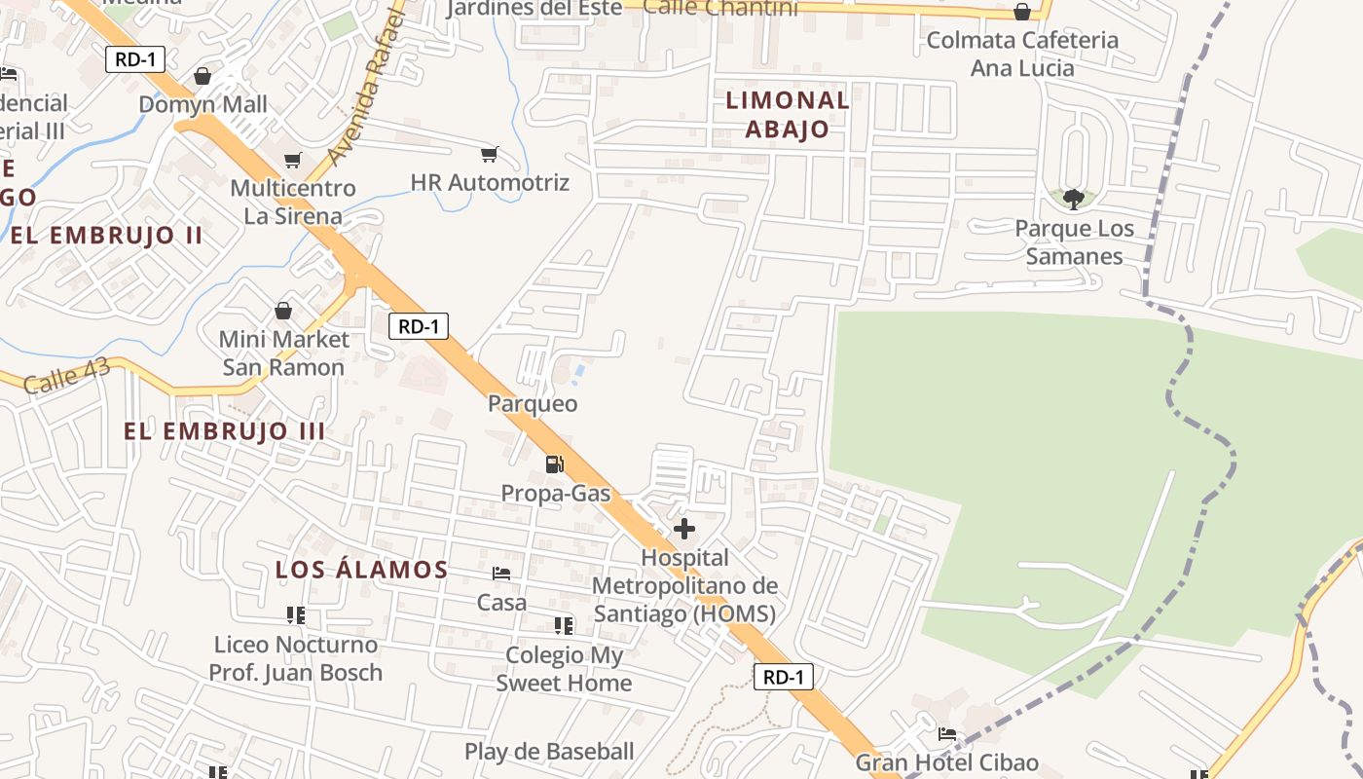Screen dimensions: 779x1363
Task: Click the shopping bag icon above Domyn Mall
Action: pos(203,75)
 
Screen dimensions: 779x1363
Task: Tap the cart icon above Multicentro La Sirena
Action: pos(292,160)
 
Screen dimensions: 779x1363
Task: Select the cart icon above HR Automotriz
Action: pos(490,154)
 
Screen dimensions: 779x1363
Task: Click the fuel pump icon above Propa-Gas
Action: pos(555,464)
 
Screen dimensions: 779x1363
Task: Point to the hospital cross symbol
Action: pos(684,529)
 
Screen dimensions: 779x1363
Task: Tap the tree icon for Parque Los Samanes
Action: pos(1074,200)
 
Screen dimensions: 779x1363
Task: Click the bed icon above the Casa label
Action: pos(501,574)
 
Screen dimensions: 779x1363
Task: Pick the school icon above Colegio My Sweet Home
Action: pos(564,625)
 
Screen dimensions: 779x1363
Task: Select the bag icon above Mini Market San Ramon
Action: pos(283,311)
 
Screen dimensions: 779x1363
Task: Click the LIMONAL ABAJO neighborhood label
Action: pos(788,114)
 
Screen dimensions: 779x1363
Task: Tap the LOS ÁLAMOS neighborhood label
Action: pos(361,570)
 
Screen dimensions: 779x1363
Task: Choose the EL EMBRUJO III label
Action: pos(225,431)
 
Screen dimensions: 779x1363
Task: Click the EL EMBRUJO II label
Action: pos(106,235)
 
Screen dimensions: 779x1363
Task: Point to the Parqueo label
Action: pos(533,403)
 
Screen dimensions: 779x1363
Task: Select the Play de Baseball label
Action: pos(549,751)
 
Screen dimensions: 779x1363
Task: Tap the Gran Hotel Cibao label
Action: pos(946,762)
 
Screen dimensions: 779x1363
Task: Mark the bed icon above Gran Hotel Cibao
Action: pos(946,734)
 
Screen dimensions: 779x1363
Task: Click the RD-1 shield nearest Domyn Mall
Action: pos(135,59)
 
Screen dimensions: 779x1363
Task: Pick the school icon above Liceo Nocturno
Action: pos(296,615)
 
